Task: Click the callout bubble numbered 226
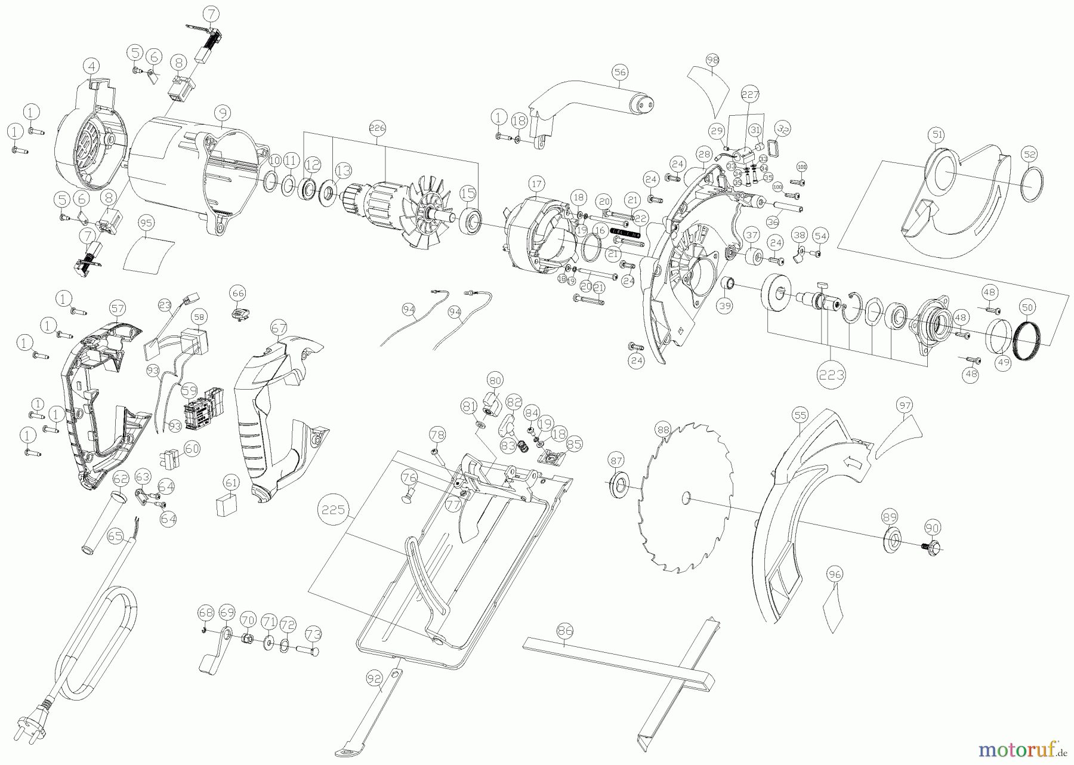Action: pos(377,128)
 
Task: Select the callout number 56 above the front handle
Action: pos(620,72)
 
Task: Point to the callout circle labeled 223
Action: pos(832,375)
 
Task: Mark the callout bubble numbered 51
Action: pos(937,135)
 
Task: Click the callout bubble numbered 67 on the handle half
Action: pos(279,328)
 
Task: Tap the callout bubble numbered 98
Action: pos(712,60)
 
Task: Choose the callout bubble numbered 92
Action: pos(374,678)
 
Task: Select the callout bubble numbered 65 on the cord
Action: pos(115,536)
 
